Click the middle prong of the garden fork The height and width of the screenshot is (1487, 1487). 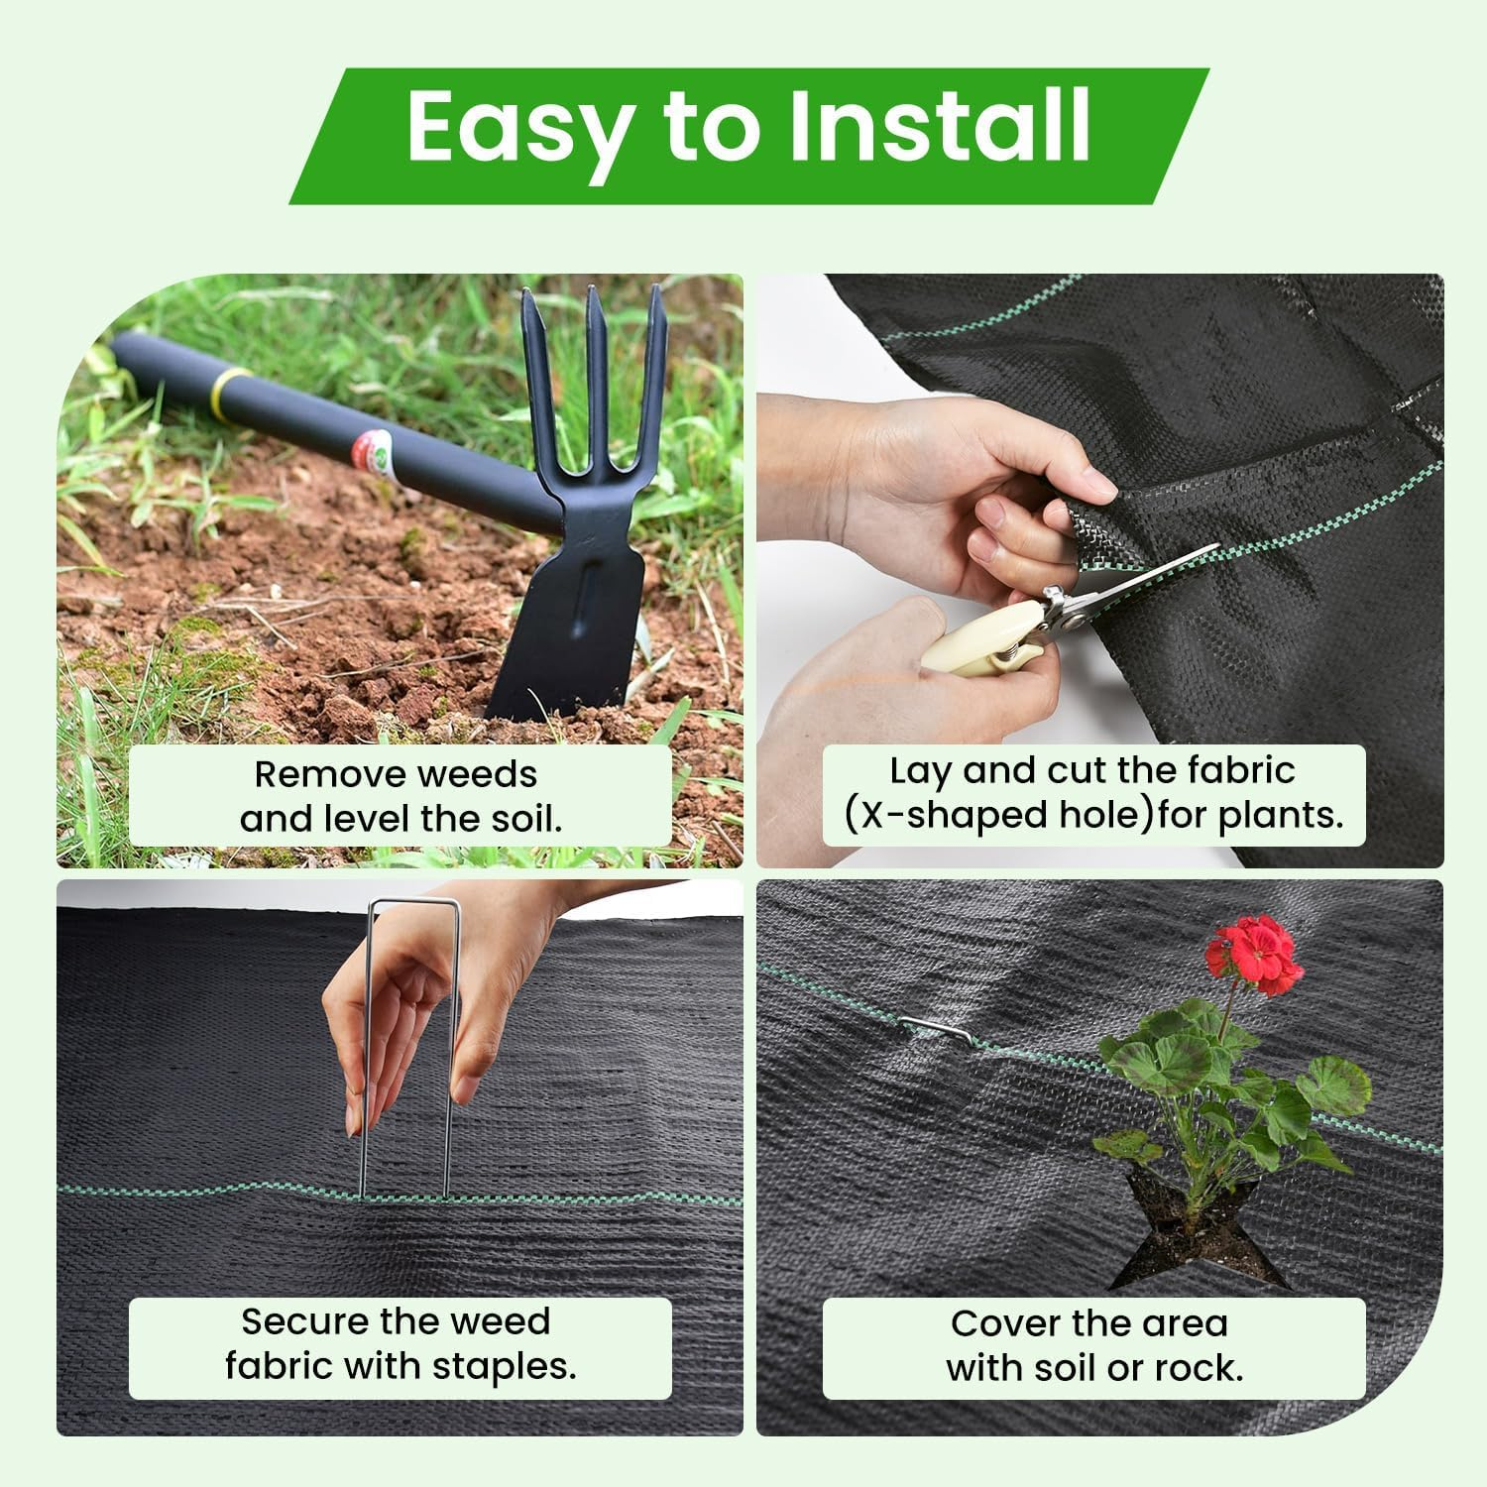point(597,377)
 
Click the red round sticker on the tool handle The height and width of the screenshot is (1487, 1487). point(375,451)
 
